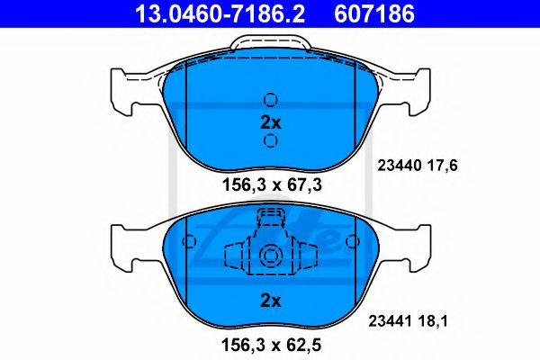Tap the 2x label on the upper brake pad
[270, 121]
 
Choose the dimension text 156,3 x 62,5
[270, 342]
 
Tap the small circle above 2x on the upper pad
[270, 100]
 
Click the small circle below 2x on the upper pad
[270, 141]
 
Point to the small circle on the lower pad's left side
[187, 242]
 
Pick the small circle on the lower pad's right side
[353, 242]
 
